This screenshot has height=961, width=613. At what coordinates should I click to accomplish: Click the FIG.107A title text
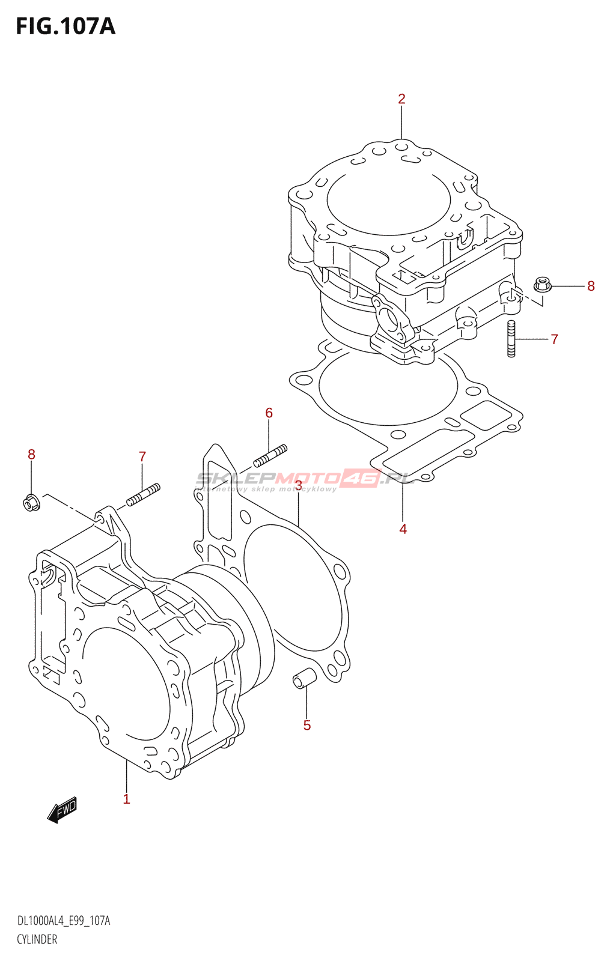pos(66,26)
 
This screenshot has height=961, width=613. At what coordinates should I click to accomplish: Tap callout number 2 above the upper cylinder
pos(401,99)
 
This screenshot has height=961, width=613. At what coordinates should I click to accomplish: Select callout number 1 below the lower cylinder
pos(126,799)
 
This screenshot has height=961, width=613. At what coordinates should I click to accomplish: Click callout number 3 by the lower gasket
pos(299,485)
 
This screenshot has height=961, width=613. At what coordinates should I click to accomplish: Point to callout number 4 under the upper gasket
pos(403,529)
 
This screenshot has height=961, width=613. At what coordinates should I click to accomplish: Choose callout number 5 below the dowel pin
pos(307,725)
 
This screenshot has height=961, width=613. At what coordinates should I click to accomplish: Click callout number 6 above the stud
pos(269,413)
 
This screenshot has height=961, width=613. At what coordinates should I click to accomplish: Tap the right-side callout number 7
pos(554,339)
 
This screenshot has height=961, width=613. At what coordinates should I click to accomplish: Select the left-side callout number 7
pos(142,456)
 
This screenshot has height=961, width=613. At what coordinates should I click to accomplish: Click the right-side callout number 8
pos(591,286)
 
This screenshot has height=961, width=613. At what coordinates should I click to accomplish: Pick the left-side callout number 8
pos(32,455)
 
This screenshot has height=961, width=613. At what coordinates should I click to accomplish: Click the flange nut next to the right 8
pos(543,284)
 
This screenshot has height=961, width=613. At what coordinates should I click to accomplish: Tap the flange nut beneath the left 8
pos(32,502)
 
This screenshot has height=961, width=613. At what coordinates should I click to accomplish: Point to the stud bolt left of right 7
pos(511,339)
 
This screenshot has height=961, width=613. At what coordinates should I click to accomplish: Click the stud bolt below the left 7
pos(143,494)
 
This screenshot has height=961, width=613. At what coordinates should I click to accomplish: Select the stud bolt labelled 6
pos(270,455)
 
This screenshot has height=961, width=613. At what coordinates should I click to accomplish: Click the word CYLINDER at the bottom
pos(37,939)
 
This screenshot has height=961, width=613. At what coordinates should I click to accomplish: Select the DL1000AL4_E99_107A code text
pos(64,921)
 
